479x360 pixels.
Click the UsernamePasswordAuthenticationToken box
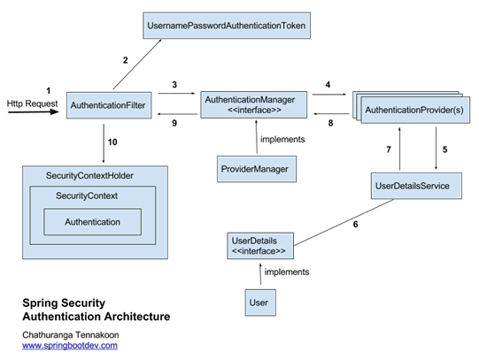click(x=227, y=26)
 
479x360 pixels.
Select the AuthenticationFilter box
click(x=109, y=105)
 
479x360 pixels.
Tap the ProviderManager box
click(x=257, y=169)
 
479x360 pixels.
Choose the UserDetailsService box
click(x=416, y=186)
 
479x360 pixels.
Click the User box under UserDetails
click(x=260, y=303)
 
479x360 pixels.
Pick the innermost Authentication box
click(x=93, y=222)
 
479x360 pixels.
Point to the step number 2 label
click(x=125, y=60)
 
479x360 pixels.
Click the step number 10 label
click(x=112, y=142)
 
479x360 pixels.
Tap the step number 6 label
click(x=356, y=225)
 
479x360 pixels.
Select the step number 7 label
click(x=389, y=149)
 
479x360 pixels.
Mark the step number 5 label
click(x=444, y=149)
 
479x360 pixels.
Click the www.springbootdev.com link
click(x=70, y=345)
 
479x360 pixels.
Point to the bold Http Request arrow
click(x=34, y=112)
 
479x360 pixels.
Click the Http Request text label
click(x=32, y=103)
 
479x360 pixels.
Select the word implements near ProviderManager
click(x=282, y=140)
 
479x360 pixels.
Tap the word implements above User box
click(x=287, y=272)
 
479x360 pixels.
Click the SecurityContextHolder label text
click(x=89, y=176)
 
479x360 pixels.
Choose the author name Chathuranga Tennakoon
click(x=71, y=335)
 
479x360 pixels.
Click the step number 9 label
click(x=174, y=123)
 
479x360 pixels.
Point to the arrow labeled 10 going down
click(x=104, y=143)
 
